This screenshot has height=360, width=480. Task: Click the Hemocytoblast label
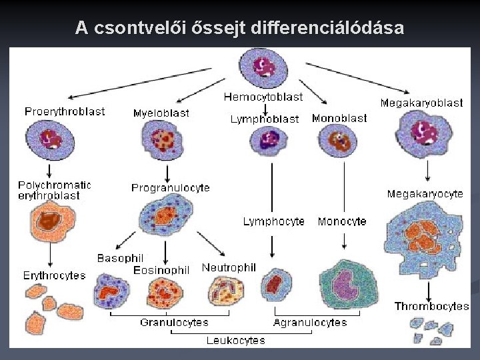(263, 97)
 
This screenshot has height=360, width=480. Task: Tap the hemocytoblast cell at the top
(263, 67)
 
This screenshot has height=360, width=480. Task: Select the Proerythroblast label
(65, 111)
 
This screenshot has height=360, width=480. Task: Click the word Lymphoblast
(265, 119)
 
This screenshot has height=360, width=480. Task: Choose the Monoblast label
(339, 118)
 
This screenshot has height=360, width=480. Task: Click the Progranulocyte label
(171, 188)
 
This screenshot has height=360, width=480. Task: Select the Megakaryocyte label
(425, 194)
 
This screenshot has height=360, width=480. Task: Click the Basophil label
(120, 258)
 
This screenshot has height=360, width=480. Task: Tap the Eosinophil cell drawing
(165, 292)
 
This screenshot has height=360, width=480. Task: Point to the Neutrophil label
(229, 268)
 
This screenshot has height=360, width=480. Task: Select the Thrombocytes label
(432, 307)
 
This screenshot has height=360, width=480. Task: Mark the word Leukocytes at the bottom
(236, 341)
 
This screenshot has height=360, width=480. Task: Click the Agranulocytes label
(310, 323)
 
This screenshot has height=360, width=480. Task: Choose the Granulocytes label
(174, 323)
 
